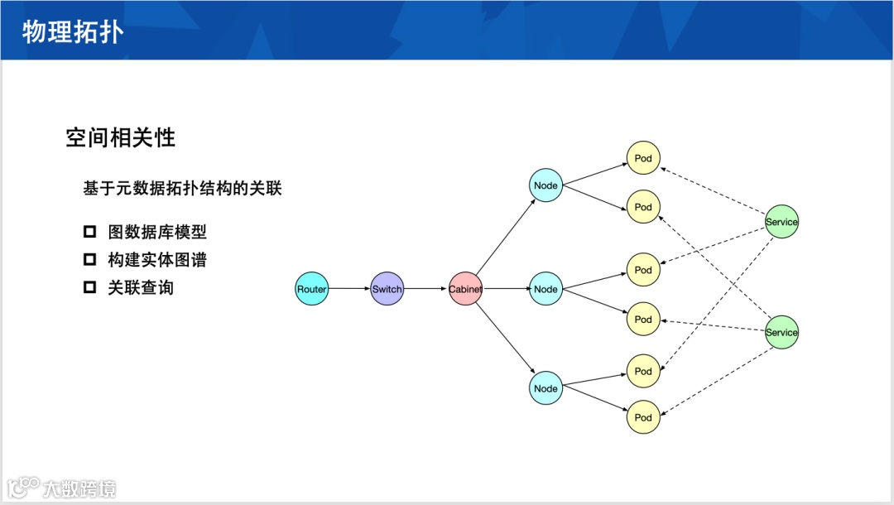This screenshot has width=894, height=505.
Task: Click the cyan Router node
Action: point(312,289)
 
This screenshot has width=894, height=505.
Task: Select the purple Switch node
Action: point(387,289)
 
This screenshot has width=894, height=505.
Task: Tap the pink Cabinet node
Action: point(465,289)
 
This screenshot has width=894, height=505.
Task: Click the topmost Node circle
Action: point(546,185)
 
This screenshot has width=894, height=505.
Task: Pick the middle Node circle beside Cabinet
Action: point(546,289)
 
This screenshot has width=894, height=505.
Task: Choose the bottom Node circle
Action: point(546,388)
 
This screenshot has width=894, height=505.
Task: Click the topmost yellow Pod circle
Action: point(643,158)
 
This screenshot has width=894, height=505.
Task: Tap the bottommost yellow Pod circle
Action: point(643,417)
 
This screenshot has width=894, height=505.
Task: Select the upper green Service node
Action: point(781,222)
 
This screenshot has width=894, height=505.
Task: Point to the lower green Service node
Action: point(781,332)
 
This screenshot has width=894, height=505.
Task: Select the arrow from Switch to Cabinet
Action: point(425,289)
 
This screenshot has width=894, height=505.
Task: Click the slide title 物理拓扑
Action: point(73,31)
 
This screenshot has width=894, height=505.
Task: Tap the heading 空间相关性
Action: point(121,137)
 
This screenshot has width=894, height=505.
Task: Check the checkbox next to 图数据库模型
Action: point(90,232)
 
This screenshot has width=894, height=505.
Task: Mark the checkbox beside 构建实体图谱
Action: point(90,260)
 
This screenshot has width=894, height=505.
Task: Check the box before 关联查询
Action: point(90,288)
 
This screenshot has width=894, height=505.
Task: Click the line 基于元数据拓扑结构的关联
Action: point(182,189)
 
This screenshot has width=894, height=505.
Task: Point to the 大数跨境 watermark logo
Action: point(61,488)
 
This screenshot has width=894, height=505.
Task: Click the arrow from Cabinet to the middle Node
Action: point(505,289)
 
